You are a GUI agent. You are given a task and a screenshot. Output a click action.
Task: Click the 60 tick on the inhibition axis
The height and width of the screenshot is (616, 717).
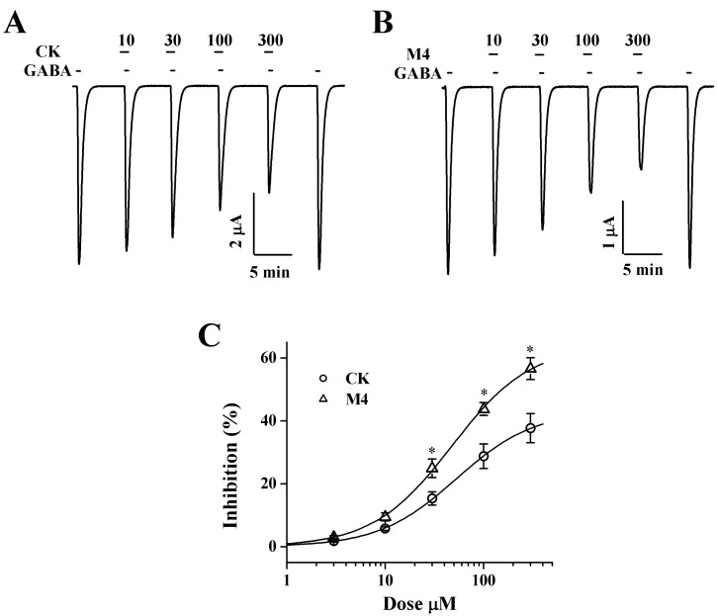point(266,358)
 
